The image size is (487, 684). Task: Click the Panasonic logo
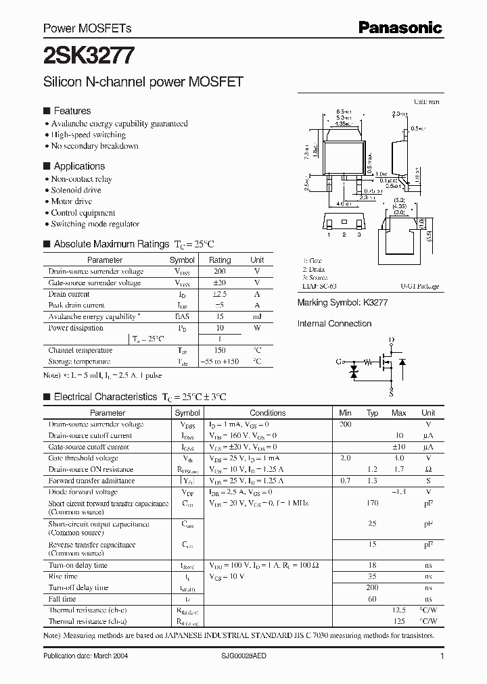click(x=400, y=28)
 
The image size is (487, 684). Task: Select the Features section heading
click(x=72, y=111)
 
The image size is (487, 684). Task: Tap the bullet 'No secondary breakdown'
click(x=95, y=146)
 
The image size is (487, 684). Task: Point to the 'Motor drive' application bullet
click(x=72, y=201)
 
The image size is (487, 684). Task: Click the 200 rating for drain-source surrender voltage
click(x=219, y=271)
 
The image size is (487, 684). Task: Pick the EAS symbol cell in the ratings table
click(x=182, y=316)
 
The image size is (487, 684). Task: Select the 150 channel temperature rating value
click(x=219, y=350)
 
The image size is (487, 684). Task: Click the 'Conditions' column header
click(x=268, y=412)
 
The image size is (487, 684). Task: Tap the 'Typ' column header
click(x=372, y=412)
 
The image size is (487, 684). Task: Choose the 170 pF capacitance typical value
click(x=372, y=504)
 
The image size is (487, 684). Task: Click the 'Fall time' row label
click(x=63, y=599)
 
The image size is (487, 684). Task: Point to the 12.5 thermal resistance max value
click(x=398, y=610)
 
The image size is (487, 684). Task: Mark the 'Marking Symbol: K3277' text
click(x=342, y=305)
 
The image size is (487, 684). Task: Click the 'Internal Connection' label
click(x=334, y=324)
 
